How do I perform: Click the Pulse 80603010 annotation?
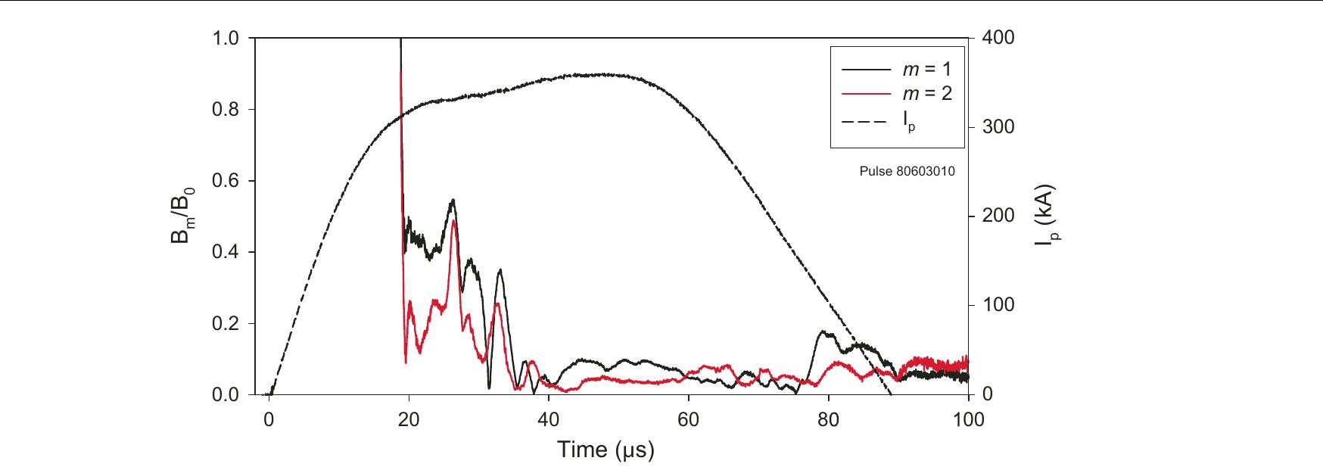(x=907, y=172)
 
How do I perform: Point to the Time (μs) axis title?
(x=605, y=450)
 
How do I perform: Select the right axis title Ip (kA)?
(x=1050, y=216)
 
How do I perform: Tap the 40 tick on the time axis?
(x=549, y=421)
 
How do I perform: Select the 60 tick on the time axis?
(x=689, y=421)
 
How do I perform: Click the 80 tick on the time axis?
(x=829, y=421)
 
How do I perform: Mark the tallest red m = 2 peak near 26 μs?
(x=453, y=221)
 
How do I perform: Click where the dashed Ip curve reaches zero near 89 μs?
(x=891, y=394)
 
